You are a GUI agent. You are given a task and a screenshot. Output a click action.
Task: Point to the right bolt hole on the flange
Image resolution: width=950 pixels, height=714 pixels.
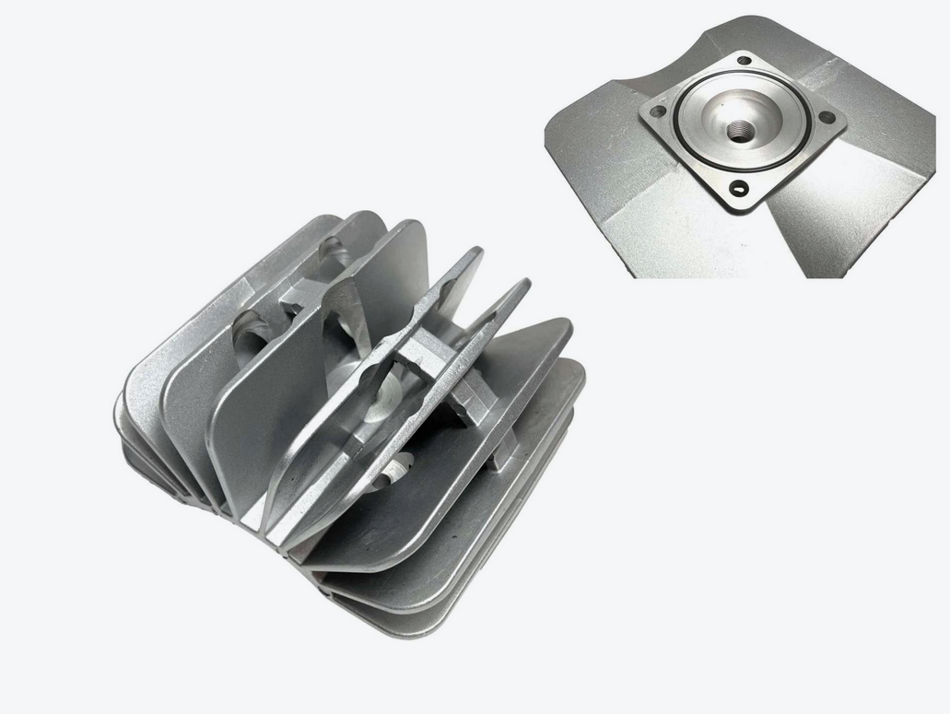pos(828,117)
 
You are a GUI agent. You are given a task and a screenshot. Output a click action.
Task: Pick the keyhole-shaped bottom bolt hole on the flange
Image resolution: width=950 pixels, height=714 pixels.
pos(738,188)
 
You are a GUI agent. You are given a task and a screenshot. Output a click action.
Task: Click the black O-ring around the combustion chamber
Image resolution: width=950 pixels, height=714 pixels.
pos(683,139)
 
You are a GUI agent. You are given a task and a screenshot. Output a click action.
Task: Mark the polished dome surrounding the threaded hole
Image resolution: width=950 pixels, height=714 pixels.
pos(714,115)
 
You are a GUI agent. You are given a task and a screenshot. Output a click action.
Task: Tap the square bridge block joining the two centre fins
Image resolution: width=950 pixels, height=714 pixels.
pos(426,353)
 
